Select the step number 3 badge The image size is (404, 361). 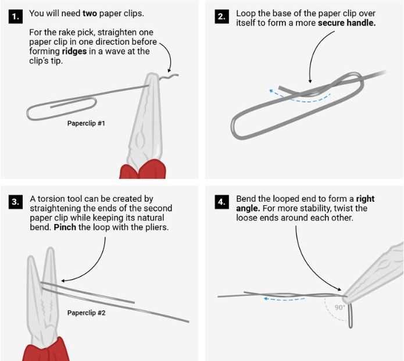(15, 202)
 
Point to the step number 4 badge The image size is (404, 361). (221, 202)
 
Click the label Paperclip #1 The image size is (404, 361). (86, 123)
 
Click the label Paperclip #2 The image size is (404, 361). (86, 313)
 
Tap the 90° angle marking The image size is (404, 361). (339, 308)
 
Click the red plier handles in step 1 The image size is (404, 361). (142, 170)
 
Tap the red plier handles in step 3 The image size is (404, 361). (46, 351)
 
